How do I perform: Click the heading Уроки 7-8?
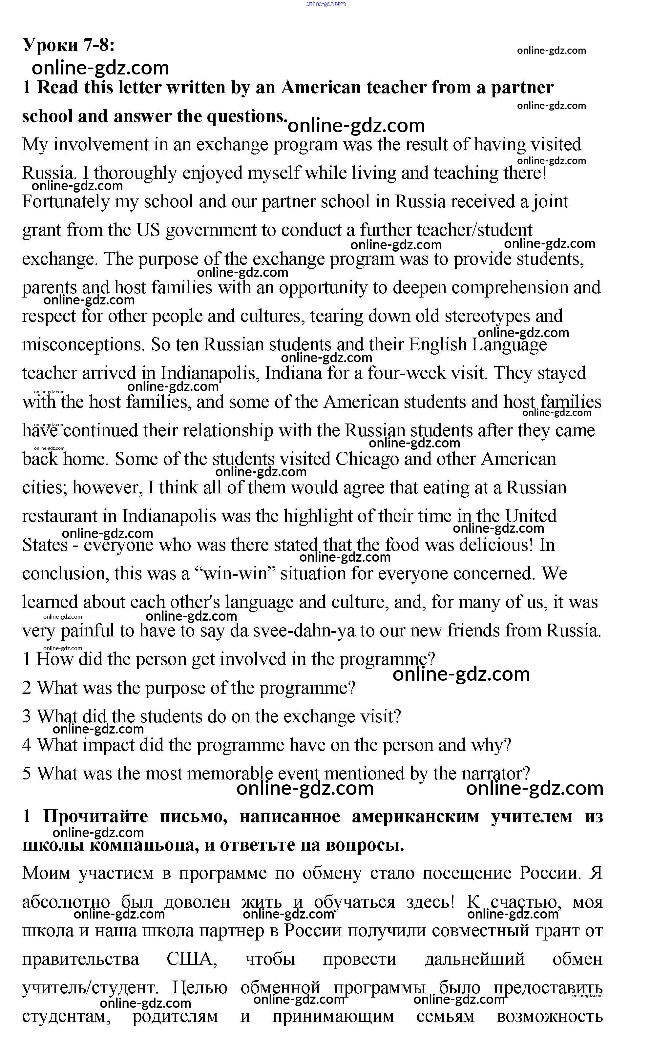click(69, 45)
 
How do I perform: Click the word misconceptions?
click(83, 345)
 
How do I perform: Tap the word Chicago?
click(367, 459)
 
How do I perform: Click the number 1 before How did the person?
click(26, 659)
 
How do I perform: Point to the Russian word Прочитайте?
click(95, 817)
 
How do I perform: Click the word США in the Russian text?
click(192, 960)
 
